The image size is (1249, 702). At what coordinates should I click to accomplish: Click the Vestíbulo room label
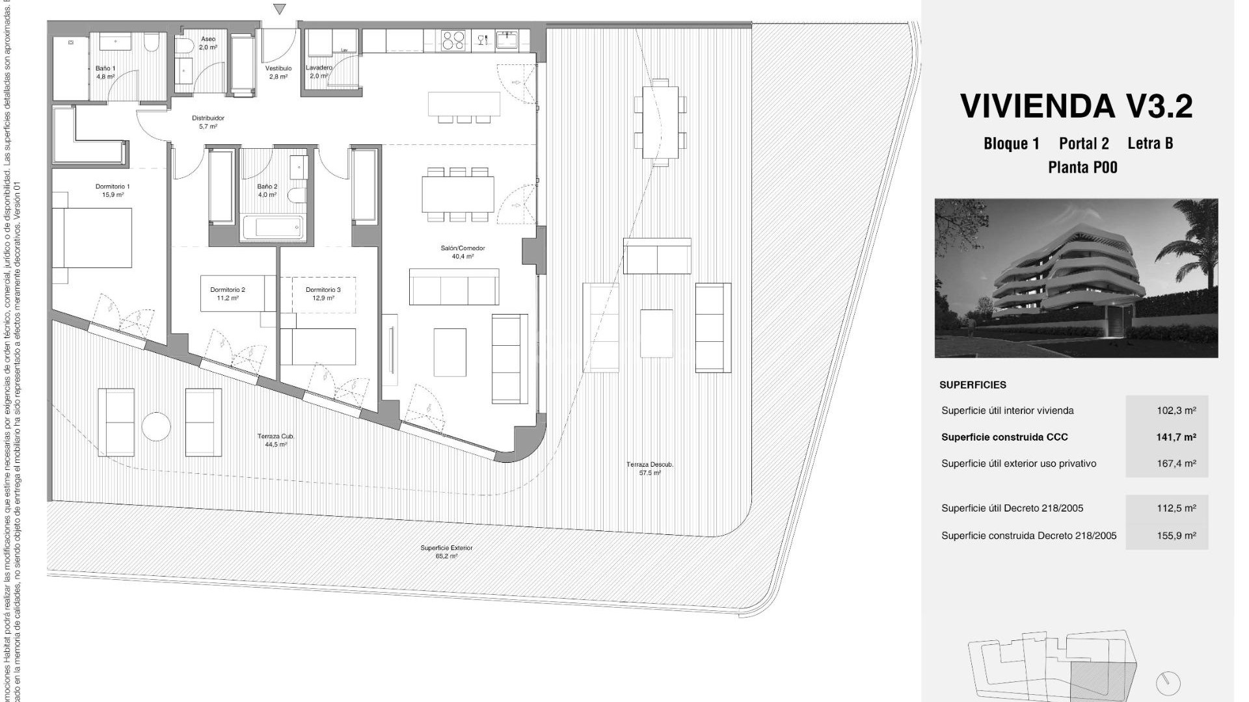pyautogui.click(x=278, y=68)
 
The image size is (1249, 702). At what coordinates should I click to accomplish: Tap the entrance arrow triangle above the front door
pyautogui.click(x=280, y=9)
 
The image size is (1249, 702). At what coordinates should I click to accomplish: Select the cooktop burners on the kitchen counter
pyautogui.click(x=453, y=41)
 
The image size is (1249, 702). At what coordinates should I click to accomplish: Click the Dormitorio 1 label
pyautogui.click(x=112, y=187)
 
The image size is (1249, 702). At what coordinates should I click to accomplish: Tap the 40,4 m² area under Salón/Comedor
pyautogui.click(x=463, y=257)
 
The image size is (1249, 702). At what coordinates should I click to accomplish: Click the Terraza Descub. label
pyautogui.click(x=650, y=465)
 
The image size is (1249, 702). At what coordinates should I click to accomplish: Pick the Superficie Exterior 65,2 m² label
pyautogui.click(x=446, y=552)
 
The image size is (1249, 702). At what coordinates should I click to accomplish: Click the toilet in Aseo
pyautogui.click(x=185, y=45)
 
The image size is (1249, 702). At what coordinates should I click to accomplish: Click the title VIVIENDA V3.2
pyautogui.click(x=1077, y=107)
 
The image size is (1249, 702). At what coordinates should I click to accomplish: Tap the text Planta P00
pyautogui.click(x=1082, y=168)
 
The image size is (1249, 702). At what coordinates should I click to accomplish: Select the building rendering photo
pyautogui.click(x=1076, y=278)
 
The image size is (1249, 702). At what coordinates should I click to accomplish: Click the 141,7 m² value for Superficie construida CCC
pyautogui.click(x=1175, y=437)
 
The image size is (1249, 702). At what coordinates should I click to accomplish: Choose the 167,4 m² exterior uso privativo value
pyautogui.click(x=1175, y=464)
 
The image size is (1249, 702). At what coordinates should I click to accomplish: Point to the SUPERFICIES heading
pyautogui.click(x=973, y=385)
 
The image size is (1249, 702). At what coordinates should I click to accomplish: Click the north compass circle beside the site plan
pyautogui.click(x=1168, y=683)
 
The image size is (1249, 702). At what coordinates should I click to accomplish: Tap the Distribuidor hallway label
pyautogui.click(x=208, y=118)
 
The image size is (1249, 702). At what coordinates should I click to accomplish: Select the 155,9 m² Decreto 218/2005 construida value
pyautogui.click(x=1175, y=536)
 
